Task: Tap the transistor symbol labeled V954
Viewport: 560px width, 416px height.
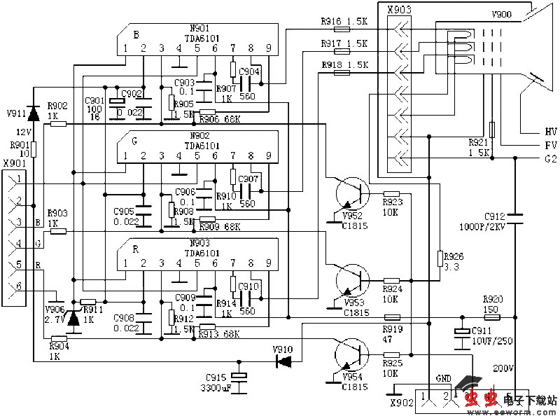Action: (x=349, y=354)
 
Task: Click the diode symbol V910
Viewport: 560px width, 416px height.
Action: (x=284, y=361)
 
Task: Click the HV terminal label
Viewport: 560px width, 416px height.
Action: (x=550, y=131)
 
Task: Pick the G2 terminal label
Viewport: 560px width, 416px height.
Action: (x=550, y=159)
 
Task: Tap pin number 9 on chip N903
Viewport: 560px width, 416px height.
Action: (x=268, y=263)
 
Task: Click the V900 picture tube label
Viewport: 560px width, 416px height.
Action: (x=501, y=13)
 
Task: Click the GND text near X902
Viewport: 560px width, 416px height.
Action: (x=443, y=377)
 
